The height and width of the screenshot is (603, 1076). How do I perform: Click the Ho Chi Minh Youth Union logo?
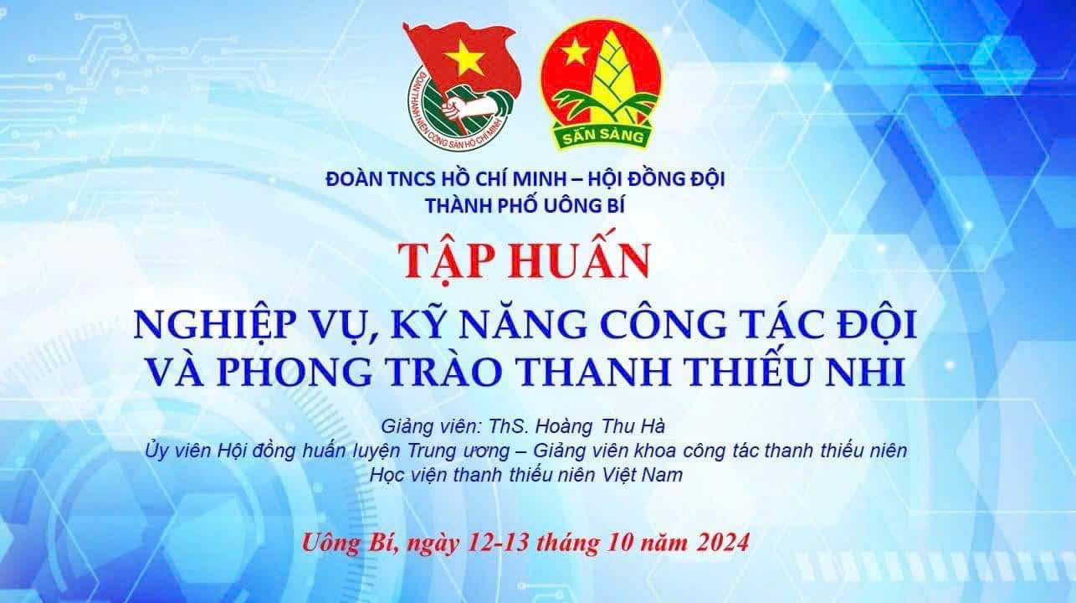coord(461,86)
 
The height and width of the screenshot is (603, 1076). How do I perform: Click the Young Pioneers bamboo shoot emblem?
coord(602,85)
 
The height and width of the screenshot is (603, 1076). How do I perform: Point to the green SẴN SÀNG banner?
coord(603,136)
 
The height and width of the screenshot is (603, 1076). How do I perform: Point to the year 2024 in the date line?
coord(723,543)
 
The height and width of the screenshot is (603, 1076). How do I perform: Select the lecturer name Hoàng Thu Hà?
coord(601,426)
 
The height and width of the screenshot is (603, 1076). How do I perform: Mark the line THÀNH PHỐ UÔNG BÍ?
coord(525,206)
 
